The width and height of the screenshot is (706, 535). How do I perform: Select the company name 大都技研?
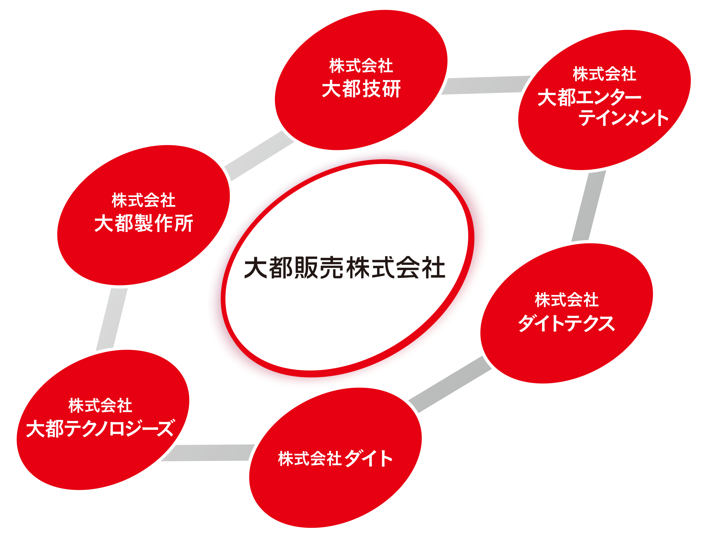tap(361, 89)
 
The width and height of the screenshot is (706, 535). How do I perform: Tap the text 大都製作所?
tap(144, 223)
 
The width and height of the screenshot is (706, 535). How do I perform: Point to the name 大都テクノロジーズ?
tap(100, 428)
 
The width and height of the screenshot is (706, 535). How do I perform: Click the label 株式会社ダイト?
tap(335, 458)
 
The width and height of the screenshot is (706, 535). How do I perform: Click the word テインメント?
tap(623, 118)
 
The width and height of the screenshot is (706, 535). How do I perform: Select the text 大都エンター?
tap(589, 97)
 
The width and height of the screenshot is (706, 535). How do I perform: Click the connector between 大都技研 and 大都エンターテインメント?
tap(485, 85)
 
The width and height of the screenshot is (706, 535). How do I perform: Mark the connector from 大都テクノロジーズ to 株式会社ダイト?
tap(207, 453)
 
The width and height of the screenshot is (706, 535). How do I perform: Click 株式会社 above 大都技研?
tap(361, 66)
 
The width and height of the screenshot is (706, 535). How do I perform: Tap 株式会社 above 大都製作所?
tap(143, 200)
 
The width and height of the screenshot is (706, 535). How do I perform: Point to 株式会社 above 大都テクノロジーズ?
tap(100, 406)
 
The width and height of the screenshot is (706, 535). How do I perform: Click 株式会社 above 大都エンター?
tap(605, 74)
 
